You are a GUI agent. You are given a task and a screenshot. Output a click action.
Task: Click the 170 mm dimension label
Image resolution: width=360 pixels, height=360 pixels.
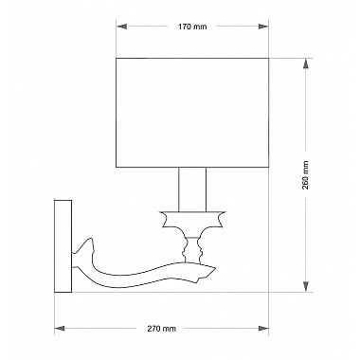tap(192, 27)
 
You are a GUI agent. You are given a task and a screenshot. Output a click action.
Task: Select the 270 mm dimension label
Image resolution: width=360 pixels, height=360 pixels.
tap(161, 329)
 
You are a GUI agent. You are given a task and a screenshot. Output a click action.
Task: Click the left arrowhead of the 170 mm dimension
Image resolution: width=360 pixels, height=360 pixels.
tap(121, 27)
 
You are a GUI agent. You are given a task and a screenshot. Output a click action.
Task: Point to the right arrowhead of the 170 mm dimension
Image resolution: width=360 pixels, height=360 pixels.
tap(263, 27)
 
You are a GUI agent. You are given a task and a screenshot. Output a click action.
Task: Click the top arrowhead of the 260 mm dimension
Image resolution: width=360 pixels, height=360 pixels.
tap(305, 64)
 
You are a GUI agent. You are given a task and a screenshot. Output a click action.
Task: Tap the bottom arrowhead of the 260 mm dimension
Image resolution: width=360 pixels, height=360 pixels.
tap(305, 286)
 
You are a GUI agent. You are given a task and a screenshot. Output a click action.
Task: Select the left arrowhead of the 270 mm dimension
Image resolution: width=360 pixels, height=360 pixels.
tap(60, 329)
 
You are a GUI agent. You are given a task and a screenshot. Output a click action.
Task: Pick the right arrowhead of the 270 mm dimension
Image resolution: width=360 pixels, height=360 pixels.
tap(263, 329)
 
